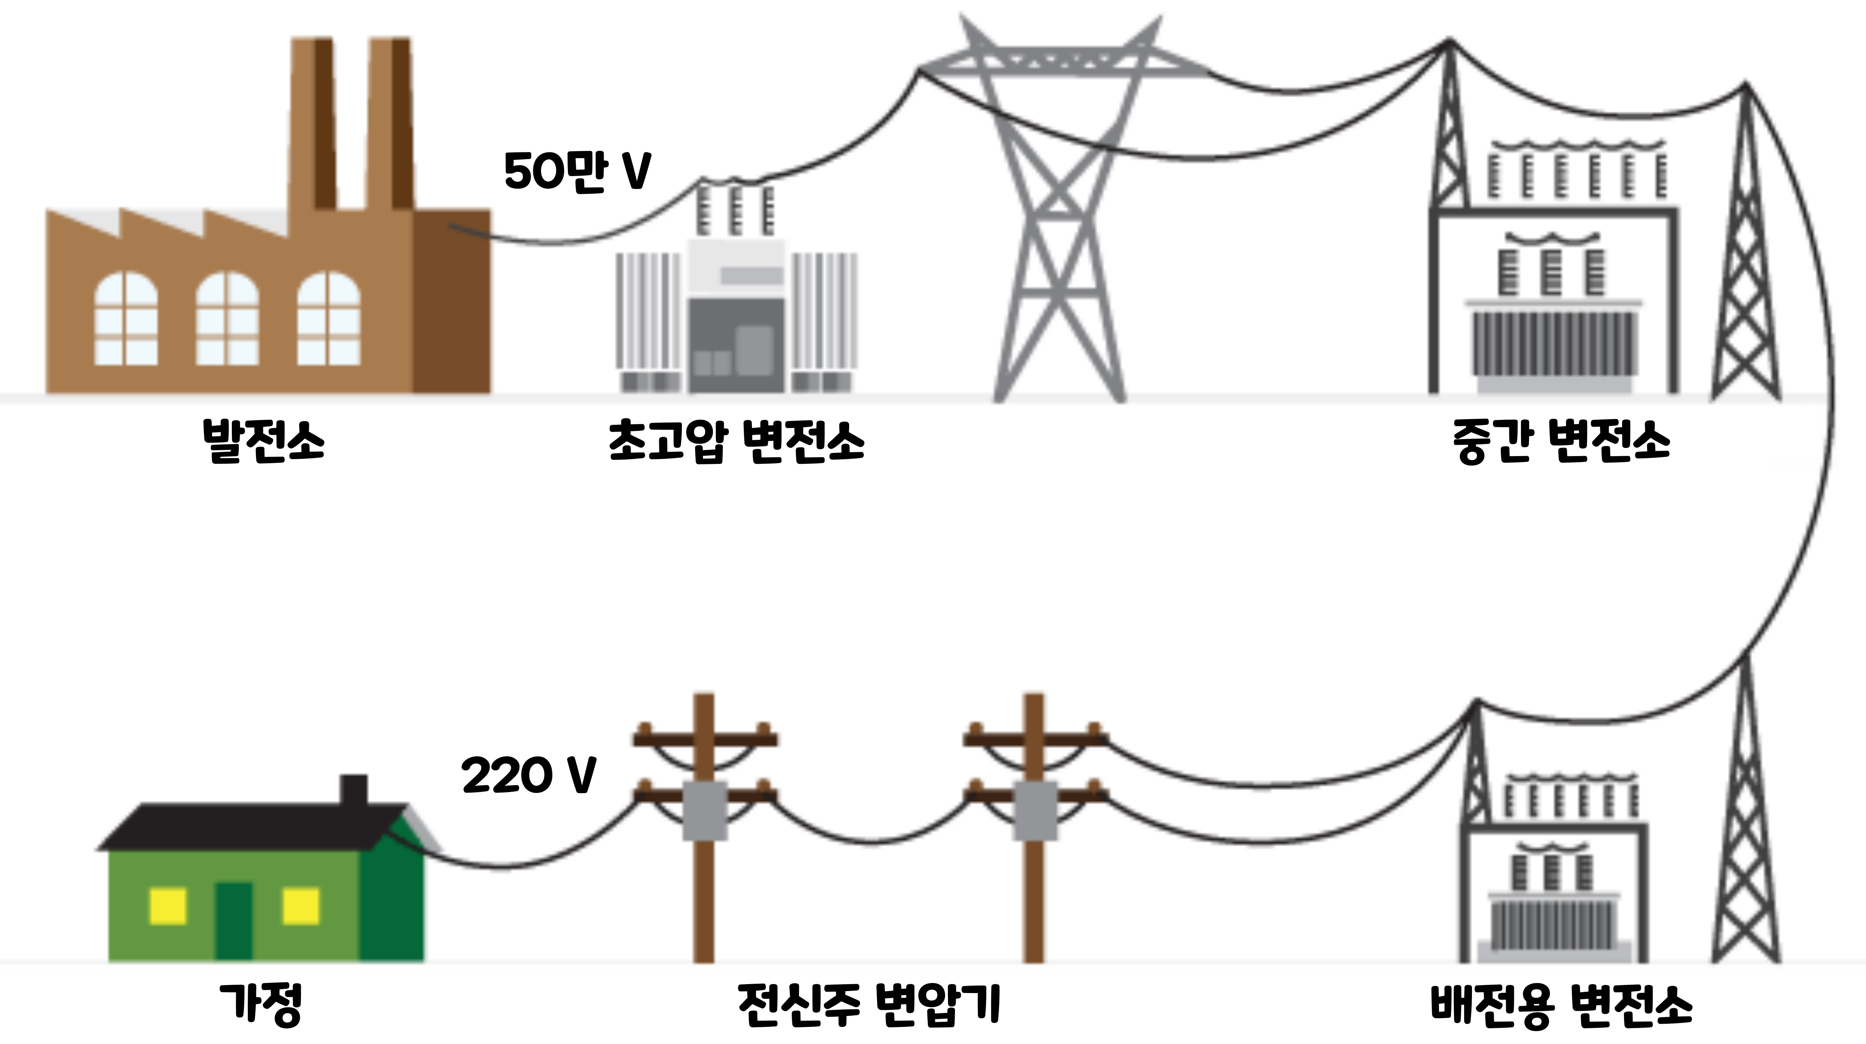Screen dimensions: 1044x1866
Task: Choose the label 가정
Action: coord(261,1004)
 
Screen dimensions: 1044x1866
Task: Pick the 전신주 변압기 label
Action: coord(869,1004)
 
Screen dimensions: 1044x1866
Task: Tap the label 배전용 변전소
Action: coord(1561,1004)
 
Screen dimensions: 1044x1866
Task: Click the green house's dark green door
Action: coord(234,921)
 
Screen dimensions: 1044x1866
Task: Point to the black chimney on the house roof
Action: coord(354,790)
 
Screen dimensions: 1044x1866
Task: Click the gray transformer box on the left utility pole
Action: coord(705,811)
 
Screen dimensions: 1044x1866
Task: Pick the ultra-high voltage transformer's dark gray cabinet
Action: coord(735,346)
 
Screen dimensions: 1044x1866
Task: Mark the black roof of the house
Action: coord(246,825)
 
